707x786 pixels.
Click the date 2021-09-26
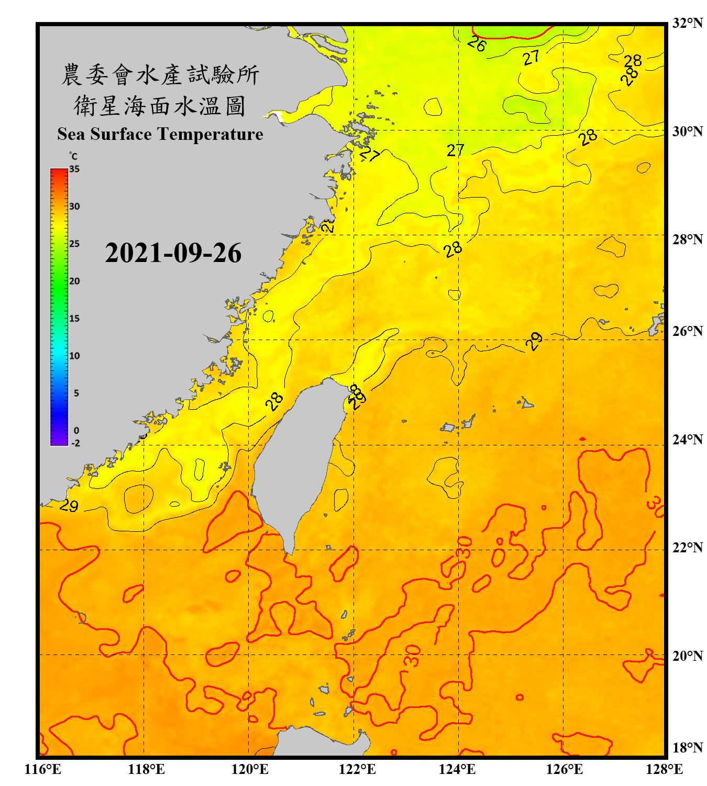tap(173, 253)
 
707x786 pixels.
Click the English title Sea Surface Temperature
tap(160, 134)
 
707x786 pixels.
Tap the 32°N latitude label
tap(687, 23)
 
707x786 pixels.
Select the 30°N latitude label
tap(687, 131)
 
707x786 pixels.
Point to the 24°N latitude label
tap(687, 439)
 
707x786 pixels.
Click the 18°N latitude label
tap(687, 747)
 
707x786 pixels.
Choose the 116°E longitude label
tap(43, 769)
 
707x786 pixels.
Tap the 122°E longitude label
tap(357, 769)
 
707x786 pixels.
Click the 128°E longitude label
tap(664, 769)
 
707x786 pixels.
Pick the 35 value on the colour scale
tap(74, 169)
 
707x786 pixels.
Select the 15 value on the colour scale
tap(74, 319)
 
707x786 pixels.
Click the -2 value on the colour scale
tap(75, 443)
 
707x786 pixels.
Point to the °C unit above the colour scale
tap(73, 156)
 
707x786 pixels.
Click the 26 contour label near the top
tap(477, 43)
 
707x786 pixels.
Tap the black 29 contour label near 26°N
tap(534, 341)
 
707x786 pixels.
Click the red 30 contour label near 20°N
tap(413, 656)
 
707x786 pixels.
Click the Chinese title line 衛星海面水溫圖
tap(160, 106)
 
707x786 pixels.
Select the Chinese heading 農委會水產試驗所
tap(160, 75)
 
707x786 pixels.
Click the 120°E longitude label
tap(250, 769)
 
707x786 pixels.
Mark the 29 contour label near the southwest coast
tap(69, 506)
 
